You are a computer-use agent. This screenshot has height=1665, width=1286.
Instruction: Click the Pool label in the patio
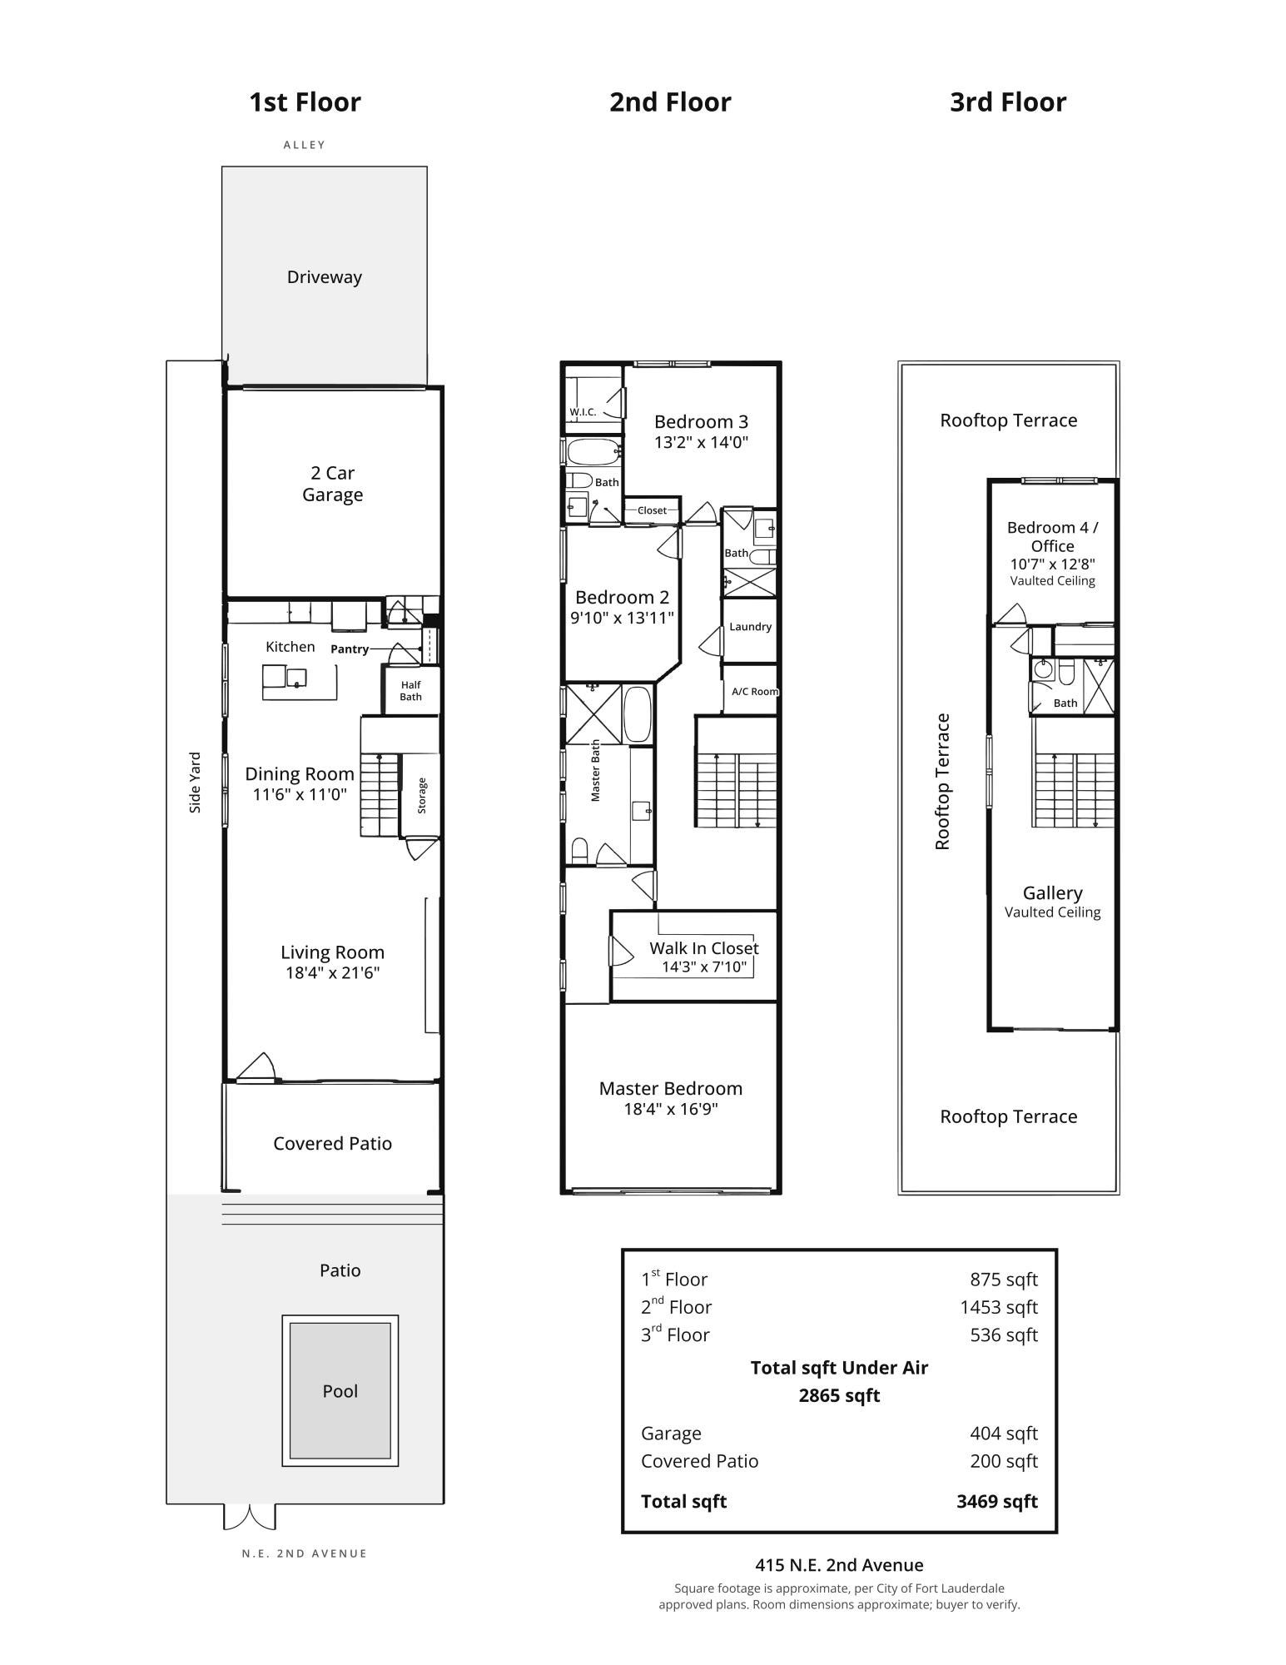[x=340, y=1390]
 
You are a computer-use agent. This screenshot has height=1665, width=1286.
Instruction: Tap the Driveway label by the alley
[x=324, y=277]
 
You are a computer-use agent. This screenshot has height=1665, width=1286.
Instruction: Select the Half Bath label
[x=410, y=691]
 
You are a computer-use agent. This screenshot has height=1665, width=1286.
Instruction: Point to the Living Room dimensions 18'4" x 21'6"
[x=332, y=972]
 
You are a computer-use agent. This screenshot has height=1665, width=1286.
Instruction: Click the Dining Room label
[x=300, y=773]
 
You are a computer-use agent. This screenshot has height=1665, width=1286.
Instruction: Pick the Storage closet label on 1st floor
[x=422, y=795]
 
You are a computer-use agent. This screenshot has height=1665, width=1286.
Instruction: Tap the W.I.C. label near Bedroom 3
[x=583, y=412]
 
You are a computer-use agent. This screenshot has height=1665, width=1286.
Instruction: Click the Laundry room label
[x=750, y=627]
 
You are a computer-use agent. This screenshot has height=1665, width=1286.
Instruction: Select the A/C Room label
[x=755, y=691]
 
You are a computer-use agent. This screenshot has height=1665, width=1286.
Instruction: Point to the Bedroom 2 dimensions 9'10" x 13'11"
[x=622, y=618]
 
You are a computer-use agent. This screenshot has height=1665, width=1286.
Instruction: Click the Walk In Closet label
[x=704, y=947]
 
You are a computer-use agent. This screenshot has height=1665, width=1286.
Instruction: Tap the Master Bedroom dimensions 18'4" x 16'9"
[x=671, y=1109]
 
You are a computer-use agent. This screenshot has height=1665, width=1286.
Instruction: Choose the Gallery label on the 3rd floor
[x=1053, y=892]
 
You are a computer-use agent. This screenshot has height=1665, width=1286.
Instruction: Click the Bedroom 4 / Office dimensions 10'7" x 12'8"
[x=1053, y=564]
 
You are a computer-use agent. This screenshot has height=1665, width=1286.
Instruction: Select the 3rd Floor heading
[x=1008, y=102]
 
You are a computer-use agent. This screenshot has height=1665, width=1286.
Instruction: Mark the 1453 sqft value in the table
[x=999, y=1307]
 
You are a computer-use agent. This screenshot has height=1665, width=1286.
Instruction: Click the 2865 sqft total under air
[x=839, y=1395]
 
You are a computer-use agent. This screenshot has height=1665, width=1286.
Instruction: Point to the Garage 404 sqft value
[x=1004, y=1433]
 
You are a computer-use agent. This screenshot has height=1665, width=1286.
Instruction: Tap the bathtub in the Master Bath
[x=638, y=713]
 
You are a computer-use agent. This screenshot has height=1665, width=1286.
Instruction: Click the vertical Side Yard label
[x=195, y=783]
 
